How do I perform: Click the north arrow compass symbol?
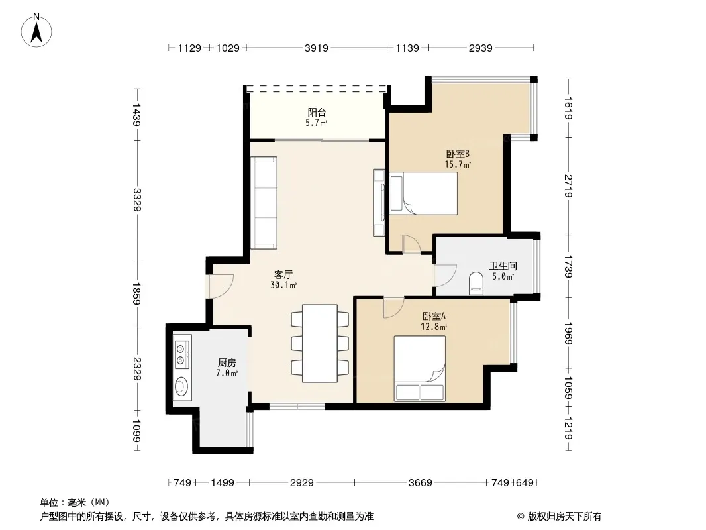(x=36, y=30)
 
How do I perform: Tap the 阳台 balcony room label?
(x=317, y=112)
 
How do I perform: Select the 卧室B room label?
(x=458, y=154)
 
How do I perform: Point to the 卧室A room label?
(x=434, y=316)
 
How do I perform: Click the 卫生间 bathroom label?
(x=503, y=266)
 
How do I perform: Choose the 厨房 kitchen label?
(x=227, y=362)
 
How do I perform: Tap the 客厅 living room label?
(x=283, y=274)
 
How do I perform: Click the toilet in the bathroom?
(x=476, y=284)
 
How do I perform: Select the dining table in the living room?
(x=320, y=344)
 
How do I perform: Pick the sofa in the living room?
(x=264, y=203)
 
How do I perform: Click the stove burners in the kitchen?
(x=181, y=354)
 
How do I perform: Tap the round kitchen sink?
(x=181, y=386)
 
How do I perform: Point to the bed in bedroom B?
(x=423, y=193)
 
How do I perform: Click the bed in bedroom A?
(x=420, y=368)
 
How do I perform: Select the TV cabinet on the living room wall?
(x=379, y=203)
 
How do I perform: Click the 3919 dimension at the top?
(x=316, y=48)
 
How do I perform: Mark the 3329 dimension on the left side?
(x=137, y=200)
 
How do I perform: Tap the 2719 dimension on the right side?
(x=568, y=186)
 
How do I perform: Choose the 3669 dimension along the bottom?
(x=420, y=483)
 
